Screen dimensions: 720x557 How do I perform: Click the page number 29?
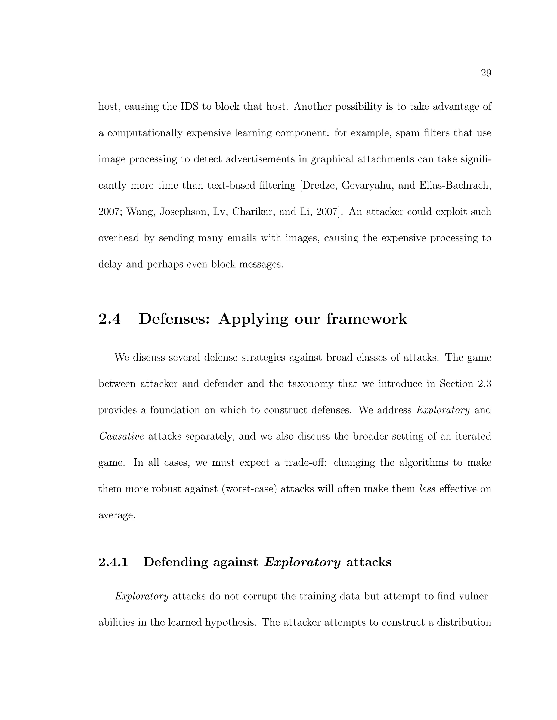(x=486, y=73)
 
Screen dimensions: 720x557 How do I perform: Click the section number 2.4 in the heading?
(x=110, y=319)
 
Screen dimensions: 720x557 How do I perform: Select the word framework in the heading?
(x=367, y=319)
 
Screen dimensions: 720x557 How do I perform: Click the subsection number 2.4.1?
(x=113, y=562)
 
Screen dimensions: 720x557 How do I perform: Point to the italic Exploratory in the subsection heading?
(x=302, y=562)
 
